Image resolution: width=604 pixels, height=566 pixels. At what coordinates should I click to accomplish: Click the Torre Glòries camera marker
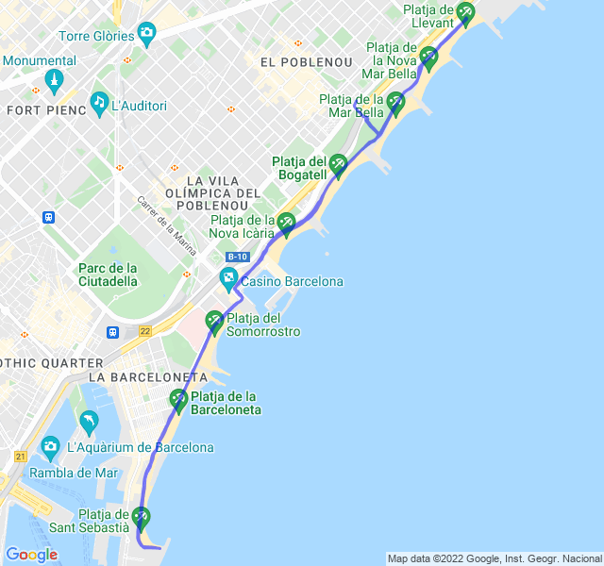146,36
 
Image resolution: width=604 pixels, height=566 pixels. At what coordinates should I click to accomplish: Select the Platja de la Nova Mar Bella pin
428,57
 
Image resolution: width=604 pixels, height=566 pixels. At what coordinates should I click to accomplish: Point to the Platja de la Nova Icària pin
286,223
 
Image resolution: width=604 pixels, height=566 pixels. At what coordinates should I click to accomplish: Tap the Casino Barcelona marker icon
228,279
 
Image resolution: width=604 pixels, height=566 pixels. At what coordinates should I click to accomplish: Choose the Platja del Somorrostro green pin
214,321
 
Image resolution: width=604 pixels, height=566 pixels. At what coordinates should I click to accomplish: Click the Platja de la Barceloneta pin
178,400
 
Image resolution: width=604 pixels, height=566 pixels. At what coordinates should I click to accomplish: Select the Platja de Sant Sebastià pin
141,517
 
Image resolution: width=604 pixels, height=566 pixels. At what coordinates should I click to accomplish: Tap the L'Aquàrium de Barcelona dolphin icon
89,421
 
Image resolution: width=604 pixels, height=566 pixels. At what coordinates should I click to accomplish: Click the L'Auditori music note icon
99,102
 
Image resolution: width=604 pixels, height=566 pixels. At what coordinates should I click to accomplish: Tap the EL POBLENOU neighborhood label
304,62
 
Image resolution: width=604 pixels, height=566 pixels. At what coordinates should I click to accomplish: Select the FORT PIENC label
46,109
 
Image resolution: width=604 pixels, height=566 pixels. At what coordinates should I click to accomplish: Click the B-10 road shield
238,257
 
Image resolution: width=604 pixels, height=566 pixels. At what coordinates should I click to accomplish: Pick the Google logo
31,555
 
